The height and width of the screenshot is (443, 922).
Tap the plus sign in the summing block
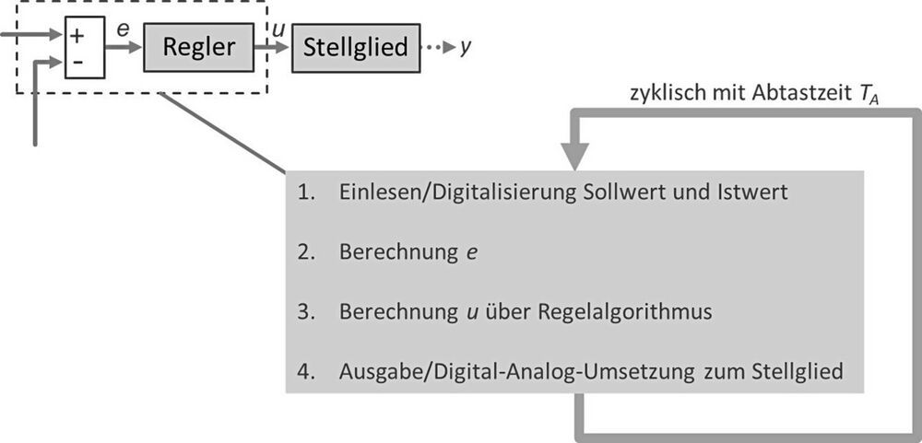[x=77, y=37]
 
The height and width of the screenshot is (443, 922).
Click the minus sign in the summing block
[x=77, y=61]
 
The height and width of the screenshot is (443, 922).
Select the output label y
[x=467, y=47]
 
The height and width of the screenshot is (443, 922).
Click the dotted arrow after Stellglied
[x=438, y=47]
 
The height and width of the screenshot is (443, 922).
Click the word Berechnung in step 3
[x=392, y=312]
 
